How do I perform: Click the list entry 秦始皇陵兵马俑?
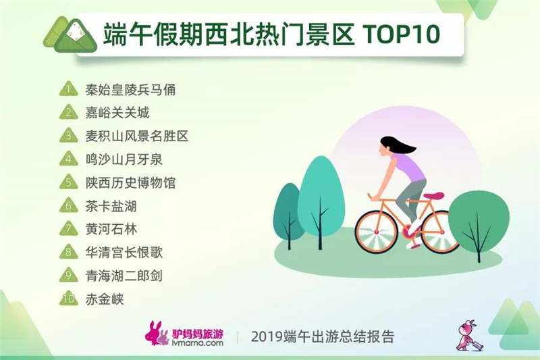(x=130, y=90)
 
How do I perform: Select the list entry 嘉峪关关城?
(x=117, y=113)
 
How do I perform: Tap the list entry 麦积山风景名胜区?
(x=137, y=136)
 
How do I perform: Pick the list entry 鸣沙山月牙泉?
(x=124, y=159)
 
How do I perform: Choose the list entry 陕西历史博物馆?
(x=130, y=182)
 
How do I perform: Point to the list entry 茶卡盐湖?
(x=111, y=206)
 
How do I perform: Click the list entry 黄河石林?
(x=111, y=229)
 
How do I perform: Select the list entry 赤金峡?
(x=105, y=299)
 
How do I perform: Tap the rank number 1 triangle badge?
(x=69, y=89)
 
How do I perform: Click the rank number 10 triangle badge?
(x=69, y=299)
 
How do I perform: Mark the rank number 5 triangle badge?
(x=69, y=182)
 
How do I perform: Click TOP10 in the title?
(x=401, y=34)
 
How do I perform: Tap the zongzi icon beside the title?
(x=70, y=35)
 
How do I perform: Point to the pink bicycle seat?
(x=433, y=196)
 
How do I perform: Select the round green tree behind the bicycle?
(x=479, y=225)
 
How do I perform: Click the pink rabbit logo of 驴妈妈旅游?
(x=157, y=334)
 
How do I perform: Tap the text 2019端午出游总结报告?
(x=323, y=336)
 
